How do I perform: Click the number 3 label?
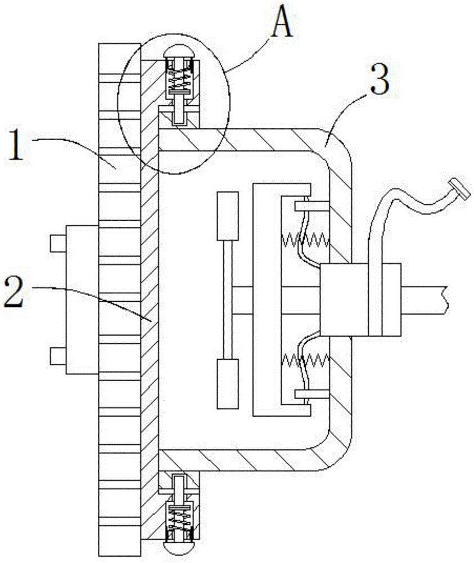click(378, 81)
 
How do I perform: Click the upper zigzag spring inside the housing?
click(304, 241)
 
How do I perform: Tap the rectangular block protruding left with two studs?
click(82, 299)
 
